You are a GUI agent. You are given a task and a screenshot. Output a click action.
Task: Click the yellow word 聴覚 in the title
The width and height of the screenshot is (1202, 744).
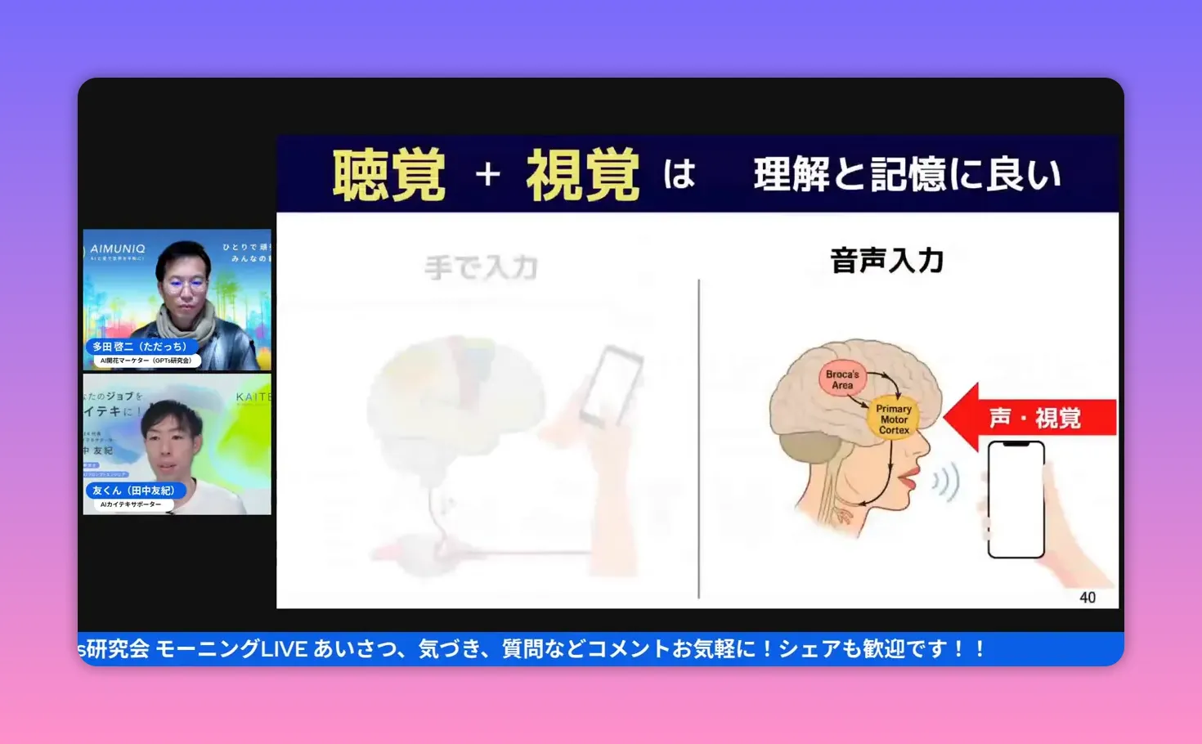[x=389, y=175]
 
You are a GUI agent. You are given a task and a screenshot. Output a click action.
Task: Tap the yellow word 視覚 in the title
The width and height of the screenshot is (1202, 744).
[x=582, y=175]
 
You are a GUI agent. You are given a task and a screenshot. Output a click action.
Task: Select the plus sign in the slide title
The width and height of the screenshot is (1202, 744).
[x=488, y=174]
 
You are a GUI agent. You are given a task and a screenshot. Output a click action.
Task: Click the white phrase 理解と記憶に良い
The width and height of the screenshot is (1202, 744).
[x=907, y=175]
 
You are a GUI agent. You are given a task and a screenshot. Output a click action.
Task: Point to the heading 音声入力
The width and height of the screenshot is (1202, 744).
[x=886, y=261]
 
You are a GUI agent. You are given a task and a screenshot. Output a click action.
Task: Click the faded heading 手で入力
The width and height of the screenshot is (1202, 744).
[x=481, y=267]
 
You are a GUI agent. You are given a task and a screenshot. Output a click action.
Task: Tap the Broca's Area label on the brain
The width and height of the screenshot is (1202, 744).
[x=842, y=379]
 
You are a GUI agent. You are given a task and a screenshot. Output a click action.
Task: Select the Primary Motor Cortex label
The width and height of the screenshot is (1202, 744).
[x=894, y=419]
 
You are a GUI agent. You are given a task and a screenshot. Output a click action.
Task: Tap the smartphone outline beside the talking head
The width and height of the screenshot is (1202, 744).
[x=1016, y=499]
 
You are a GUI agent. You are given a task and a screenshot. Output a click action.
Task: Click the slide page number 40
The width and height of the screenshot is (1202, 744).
[x=1087, y=598]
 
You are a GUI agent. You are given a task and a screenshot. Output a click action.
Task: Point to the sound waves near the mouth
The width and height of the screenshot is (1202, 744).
[x=947, y=482]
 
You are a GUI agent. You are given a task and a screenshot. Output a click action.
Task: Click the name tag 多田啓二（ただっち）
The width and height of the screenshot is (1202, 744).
[x=139, y=347]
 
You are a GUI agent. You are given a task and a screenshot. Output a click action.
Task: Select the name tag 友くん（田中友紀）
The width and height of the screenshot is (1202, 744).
[x=132, y=491]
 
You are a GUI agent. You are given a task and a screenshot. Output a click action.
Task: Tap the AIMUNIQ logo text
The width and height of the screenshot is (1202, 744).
[x=118, y=249]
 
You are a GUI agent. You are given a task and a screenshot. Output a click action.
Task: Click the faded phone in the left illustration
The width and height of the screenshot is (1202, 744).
[x=609, y=384]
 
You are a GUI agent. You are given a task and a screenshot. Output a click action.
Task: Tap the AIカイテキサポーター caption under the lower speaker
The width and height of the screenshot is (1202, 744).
[x=131, y=504]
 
